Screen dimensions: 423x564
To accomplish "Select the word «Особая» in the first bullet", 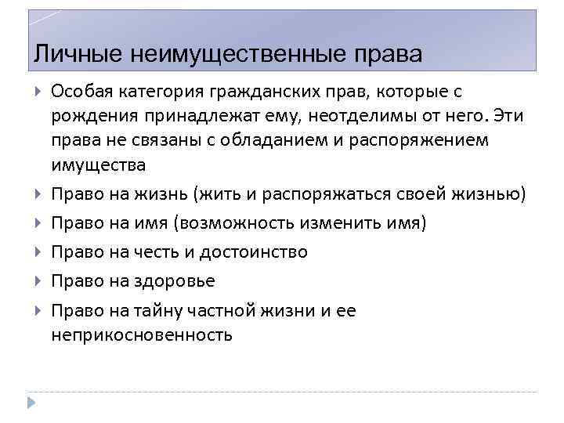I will [x=84, y=92].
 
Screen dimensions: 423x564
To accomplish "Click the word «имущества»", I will [x=98, y=165].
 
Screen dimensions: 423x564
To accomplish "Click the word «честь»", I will [x=161, y=252].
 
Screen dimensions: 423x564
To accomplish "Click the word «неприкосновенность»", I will [x=142, y=335].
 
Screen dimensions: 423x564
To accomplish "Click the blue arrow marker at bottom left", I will [x=30, y=401].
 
